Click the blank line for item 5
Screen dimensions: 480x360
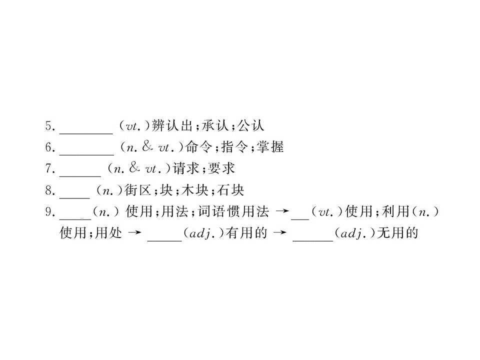[86, 133]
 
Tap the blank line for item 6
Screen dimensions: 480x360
[86, 155]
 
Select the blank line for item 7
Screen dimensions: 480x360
[80, 176]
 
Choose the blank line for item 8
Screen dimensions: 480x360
[74, 198]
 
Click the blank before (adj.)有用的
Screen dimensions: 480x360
[164, 240]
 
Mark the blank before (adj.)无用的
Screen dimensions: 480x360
[313, 240]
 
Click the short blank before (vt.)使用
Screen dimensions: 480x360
[300, 219]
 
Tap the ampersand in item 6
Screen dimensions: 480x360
[147, 146]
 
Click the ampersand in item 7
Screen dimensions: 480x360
[134, 168]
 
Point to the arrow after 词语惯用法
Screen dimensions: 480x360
[282, 211]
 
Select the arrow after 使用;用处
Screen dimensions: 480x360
[134, 232]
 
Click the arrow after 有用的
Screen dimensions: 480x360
[280, 232]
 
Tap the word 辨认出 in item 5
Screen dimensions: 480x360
[172, 125]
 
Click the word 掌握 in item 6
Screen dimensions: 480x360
[270, 147]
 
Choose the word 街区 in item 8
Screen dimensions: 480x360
[138, 190]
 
